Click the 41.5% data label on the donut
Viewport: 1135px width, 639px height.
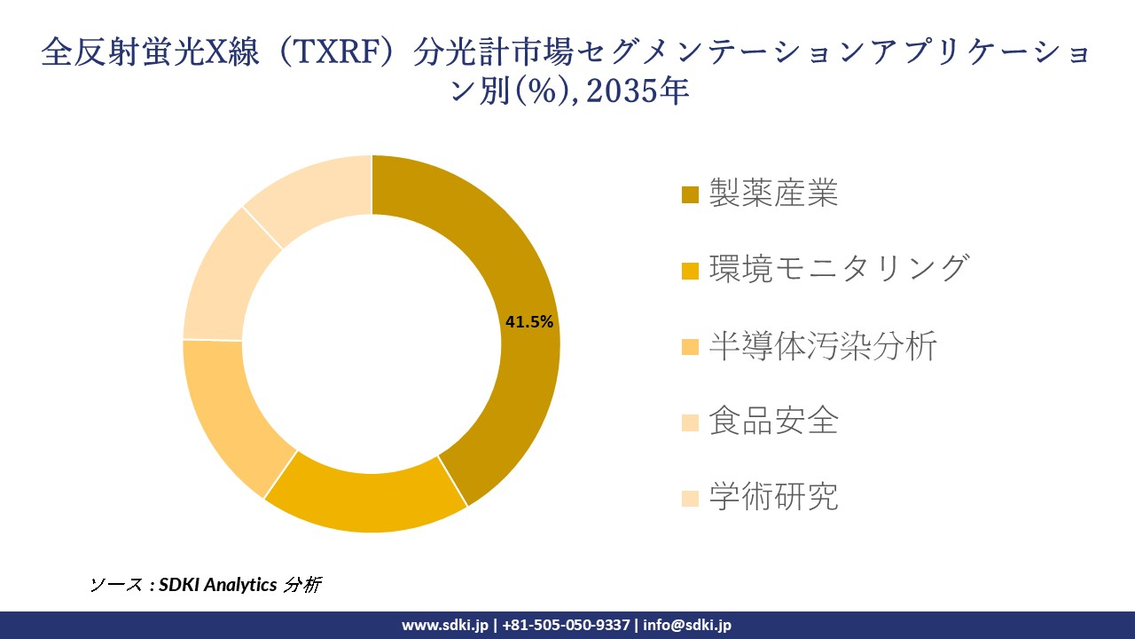529,322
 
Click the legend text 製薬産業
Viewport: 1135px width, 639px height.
773,193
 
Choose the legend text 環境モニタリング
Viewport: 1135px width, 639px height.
838,269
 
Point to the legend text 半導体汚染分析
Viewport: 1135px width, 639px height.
822,346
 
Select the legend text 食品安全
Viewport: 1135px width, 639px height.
773,422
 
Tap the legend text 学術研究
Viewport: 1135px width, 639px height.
773,498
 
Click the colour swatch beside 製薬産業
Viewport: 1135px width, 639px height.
690,194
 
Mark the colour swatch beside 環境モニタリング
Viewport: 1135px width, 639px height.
690,270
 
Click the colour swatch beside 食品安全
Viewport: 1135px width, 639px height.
690,422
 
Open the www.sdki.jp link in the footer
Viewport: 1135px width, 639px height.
445,625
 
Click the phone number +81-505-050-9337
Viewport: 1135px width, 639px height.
567,625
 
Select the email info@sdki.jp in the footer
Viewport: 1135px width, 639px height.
687,625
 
